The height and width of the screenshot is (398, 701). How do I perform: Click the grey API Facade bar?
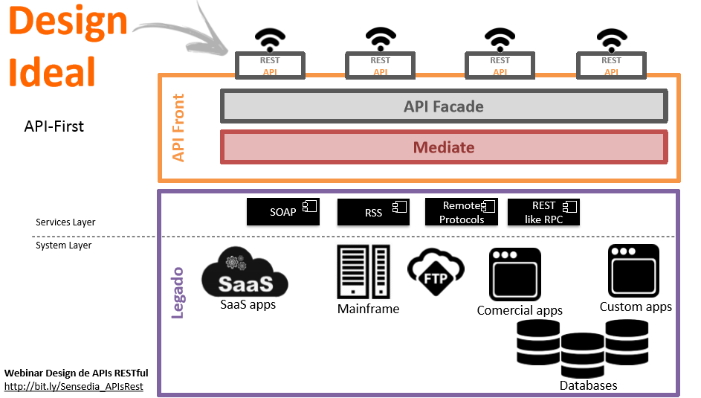coord(443,106)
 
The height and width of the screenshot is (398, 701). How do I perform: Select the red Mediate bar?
coord(443,147)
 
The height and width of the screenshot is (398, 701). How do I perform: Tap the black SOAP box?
coord(283,212)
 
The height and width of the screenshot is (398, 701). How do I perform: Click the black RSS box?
coord(373,212)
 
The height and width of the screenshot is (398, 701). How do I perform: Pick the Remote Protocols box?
coord(461,212)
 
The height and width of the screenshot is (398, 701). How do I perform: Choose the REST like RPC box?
coord(543,212)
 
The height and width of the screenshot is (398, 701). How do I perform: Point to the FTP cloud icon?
coord(436,269)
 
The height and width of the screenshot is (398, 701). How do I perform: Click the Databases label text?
coord(588,385)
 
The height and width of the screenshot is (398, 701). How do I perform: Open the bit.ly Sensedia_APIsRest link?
coord(74,387)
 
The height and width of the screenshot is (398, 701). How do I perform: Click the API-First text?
coord(54,126)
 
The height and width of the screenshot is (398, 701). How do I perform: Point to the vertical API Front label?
coord(178,127)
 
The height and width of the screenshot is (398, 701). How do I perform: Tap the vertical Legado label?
coord(178,293)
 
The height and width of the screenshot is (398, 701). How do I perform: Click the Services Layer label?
coord(65,222)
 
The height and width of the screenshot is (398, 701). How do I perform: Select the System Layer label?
coord(63,245)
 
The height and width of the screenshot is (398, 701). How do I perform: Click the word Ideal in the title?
coord(52,72)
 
